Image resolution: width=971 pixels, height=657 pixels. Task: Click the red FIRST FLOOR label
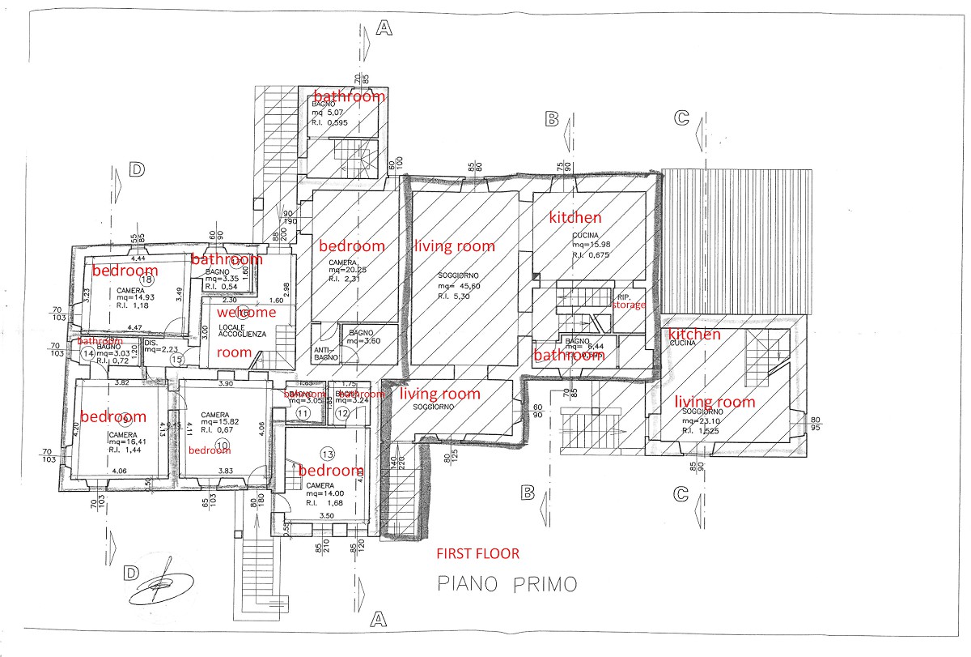tap(477, 555)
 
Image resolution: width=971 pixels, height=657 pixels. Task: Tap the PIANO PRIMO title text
tap(507, 584)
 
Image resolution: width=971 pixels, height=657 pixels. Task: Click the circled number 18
tap(147, 279)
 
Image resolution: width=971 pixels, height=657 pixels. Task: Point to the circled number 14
tap(87, 354)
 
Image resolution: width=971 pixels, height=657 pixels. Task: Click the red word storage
tap(629, 305)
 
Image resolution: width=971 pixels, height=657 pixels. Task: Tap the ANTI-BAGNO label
tap(324, 354)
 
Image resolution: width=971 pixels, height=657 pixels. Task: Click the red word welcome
tap(246, 312)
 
